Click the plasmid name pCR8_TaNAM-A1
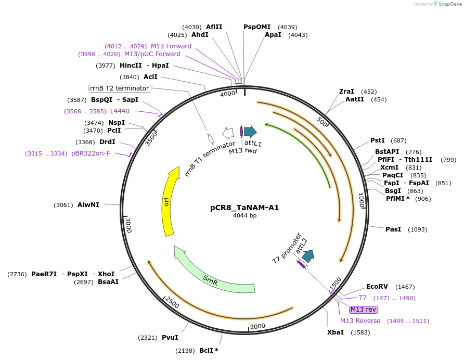coord(244,208)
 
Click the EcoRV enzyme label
coord(377,287)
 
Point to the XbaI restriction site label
coord(335,332)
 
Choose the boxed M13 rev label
coord(363,310)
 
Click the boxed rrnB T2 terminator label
coord(120,88)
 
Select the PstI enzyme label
coord(377,140)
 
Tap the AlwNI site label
coord(88,205)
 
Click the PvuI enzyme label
coord(170,338)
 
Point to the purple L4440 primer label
coord(120,111)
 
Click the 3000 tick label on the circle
coord(128,225)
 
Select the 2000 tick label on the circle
coord(257,326)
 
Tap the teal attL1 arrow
coord(250,132)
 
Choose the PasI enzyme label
coord(393,229)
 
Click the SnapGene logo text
coord(449,4)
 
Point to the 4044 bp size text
coord(244,215)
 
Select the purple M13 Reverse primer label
coord(360,321)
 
